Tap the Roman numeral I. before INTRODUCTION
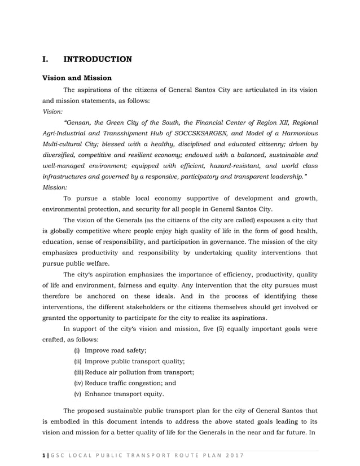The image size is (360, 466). point(47,59)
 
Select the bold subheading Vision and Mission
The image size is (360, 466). point(77,78)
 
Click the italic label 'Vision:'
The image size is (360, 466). point(53,112)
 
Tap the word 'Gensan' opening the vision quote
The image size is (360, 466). point(81,122)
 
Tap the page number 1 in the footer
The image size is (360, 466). point(44,456)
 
